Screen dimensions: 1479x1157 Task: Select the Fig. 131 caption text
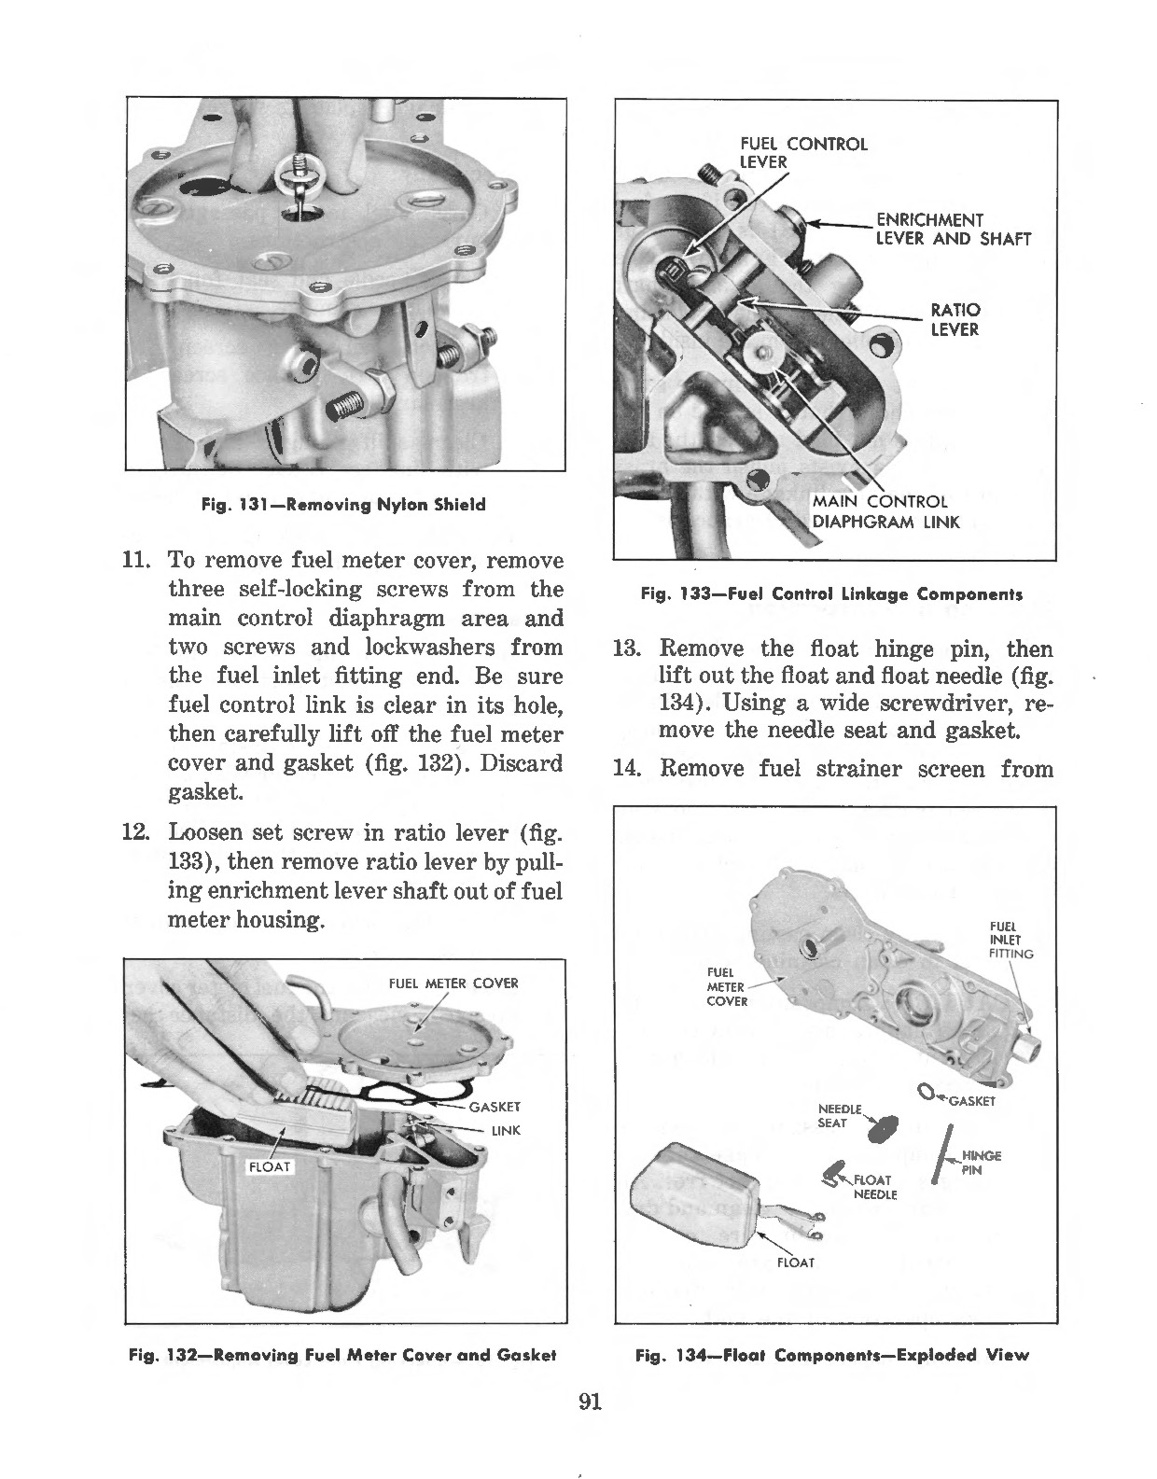343,505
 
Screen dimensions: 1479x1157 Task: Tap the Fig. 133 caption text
831,593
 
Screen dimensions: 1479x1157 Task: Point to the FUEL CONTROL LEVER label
802,153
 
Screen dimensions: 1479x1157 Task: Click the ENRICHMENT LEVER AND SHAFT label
952,230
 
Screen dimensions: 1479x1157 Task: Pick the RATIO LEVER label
955,319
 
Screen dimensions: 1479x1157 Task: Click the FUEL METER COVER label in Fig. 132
453,983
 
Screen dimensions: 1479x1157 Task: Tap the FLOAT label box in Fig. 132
270,1166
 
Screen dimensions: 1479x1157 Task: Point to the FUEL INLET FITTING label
1011,941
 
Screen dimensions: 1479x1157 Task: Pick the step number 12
135,831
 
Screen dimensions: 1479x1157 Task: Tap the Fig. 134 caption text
831,1355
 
